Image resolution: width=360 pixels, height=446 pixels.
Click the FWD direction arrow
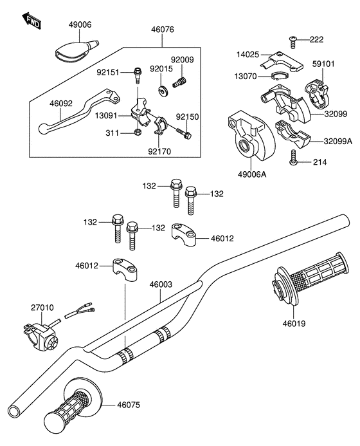(32, 21)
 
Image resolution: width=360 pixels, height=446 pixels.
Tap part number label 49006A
(252, 174)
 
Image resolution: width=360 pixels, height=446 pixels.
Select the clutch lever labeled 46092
(79, 111)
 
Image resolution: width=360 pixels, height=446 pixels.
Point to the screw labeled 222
(293, 42)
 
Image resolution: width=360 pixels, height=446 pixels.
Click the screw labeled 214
(293, 157)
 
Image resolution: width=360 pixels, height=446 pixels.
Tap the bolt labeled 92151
(138, 75)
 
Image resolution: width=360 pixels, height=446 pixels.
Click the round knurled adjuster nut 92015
(163, 91)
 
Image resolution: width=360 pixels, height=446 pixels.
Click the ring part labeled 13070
(279, 76)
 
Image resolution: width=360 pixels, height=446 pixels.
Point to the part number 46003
(161, 284)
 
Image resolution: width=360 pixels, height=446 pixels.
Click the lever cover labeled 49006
(75, 50)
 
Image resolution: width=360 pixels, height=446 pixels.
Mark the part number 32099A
(338, 141)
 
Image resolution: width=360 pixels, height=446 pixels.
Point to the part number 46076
(163, 30)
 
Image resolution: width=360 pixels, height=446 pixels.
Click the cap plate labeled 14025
(282, 61)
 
